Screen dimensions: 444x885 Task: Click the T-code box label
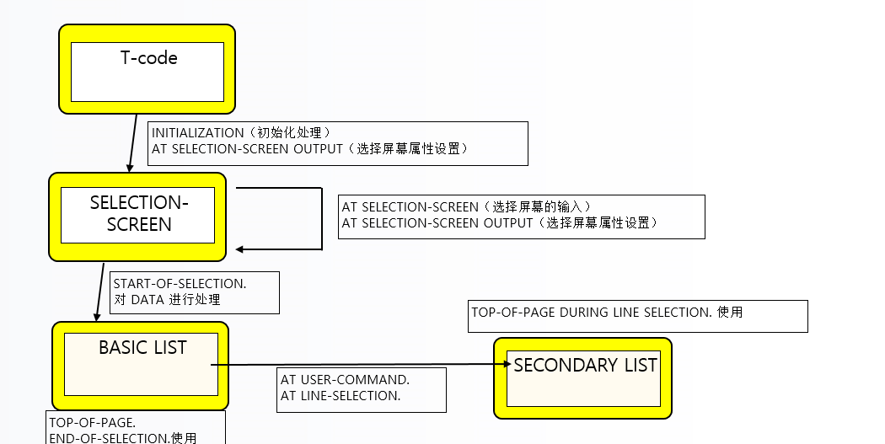pyautogui.click(x=148, y=58)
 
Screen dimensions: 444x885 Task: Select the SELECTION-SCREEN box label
pyautogui.click(x=139, y=214)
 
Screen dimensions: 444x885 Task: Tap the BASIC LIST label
pyautogui.click(x=142, y=347)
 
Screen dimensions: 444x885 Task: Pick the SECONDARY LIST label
pyautogui.click(x=585, y=365)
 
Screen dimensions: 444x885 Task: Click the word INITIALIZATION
pyautogui.click(x=195, y=133)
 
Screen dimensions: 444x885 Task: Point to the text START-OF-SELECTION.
pyautogui.click(x=185, y=283)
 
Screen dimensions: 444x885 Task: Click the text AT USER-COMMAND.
pyautogui.click(x=345, y=380)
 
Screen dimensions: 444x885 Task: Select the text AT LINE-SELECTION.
pyautogui.click(x=341, y=395)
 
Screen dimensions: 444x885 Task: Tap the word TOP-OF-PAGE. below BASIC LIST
pyautogui.click(x=92, y=422)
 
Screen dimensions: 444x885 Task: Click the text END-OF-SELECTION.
pyautogui.click(x=109, y=438)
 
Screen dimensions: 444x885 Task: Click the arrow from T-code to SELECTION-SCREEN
pyautogui.click(x=133, y=142)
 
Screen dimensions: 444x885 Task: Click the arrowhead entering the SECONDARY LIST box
pyautogui.click(x=507, y=364)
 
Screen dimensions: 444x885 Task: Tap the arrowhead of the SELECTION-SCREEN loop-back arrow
pyautogui.click(x=241, y=249)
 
